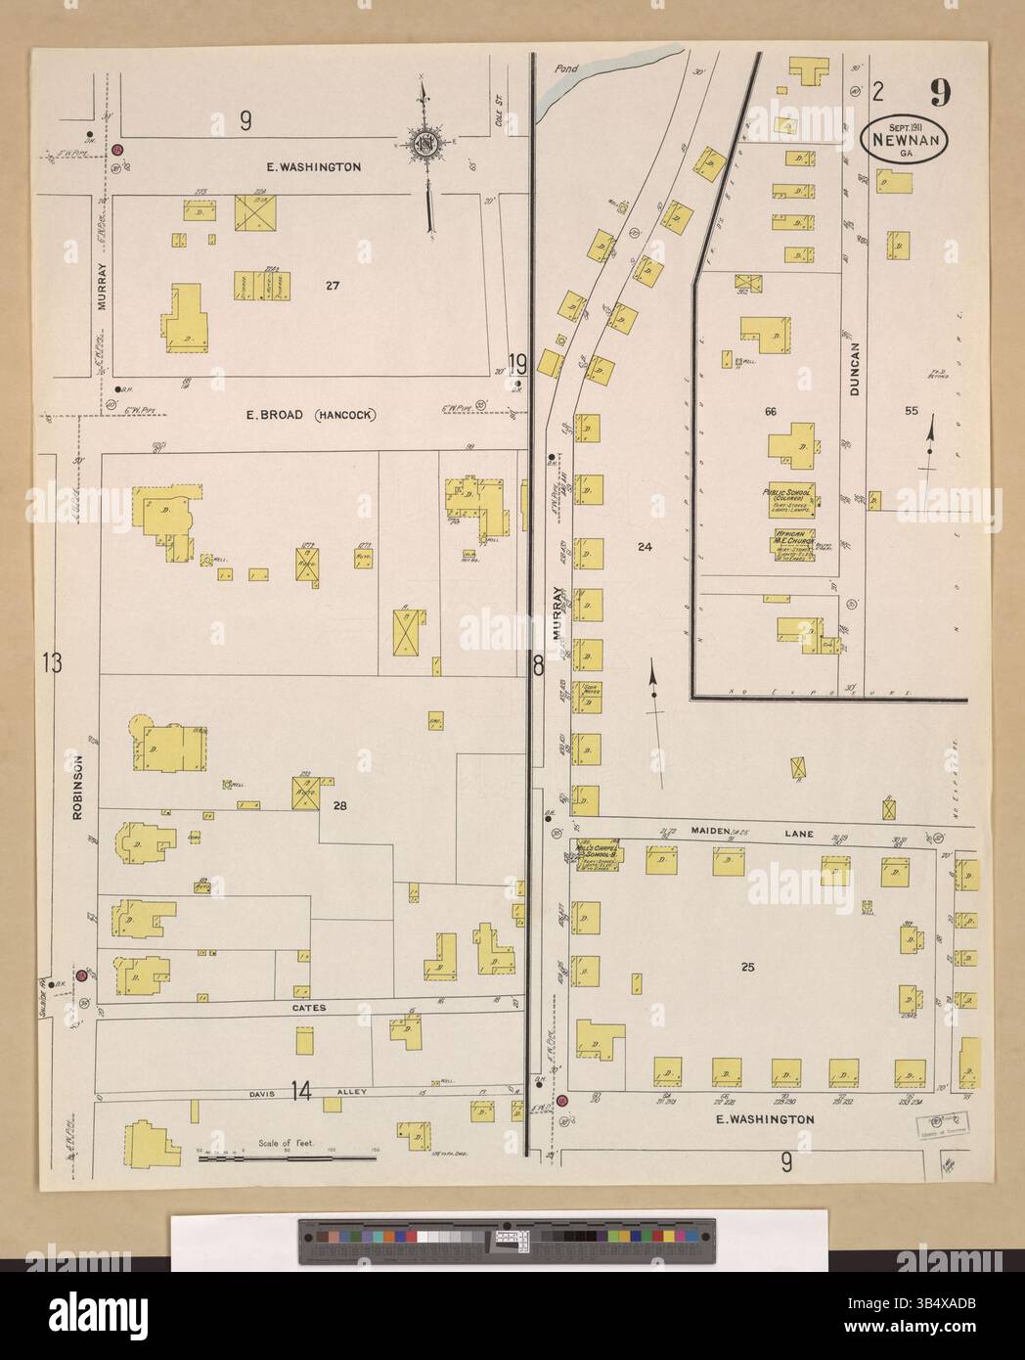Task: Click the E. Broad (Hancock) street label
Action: [x=311, y=415]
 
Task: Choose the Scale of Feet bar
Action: [x=288, y=1157]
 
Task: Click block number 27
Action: [x=333, y=286]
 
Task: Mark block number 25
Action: [x=747, y=969]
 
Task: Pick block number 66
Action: [x=771, y=412]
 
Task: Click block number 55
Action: [x=911, y=412]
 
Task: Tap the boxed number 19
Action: [x=518, y=365]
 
